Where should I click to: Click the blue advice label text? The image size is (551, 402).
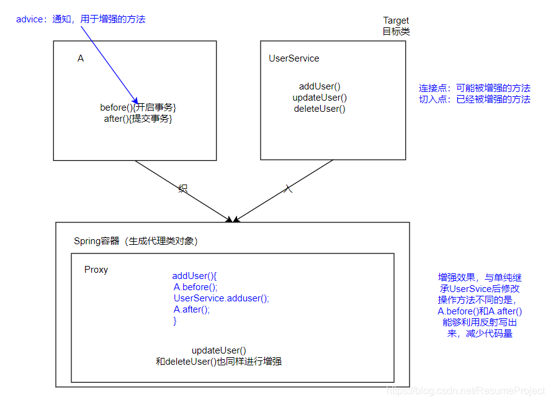(81, 19)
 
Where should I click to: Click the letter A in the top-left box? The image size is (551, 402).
(81, 58)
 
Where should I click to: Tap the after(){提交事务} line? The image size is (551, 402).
(138, 119)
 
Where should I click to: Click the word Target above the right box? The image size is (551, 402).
(396, 21)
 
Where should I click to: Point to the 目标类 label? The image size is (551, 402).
(396, 31)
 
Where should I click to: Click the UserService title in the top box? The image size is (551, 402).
(294, 58)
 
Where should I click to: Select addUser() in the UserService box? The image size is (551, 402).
(320, 87)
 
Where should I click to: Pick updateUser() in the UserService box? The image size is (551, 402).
(320, 98)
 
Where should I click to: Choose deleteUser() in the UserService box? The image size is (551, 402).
(320, 109)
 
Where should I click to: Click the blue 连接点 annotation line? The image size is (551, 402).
(475, 88)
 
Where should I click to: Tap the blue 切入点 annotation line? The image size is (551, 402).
(475, 99)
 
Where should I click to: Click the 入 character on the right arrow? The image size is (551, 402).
(288, 188)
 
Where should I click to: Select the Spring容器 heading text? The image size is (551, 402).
(136, 241)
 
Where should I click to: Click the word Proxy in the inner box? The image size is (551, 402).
(96, 270)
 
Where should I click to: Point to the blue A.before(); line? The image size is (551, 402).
(195, 287)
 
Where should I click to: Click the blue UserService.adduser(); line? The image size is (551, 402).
(222, 298)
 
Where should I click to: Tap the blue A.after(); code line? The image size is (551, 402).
(192, 309)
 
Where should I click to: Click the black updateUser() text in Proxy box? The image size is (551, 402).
(218, 350)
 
